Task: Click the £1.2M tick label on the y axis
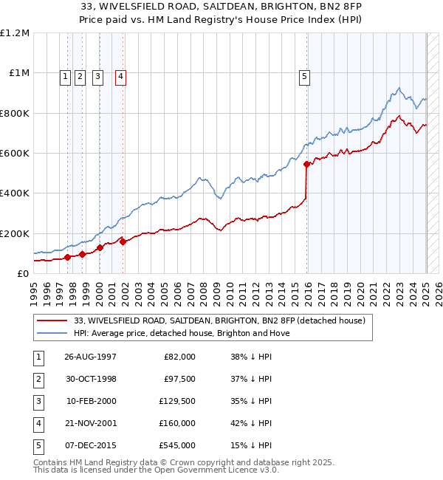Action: click(x=15, y=33)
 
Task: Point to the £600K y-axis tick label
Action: click(x=15, y=154)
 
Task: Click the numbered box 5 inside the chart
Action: click(x=304, y=74)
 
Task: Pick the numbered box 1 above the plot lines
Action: click(x=66, y=74)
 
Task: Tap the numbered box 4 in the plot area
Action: click(x=120, y=74)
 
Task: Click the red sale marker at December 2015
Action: click(x=306, y=165)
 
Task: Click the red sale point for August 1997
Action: click(x=67, y=257)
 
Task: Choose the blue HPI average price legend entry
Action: click(x=182, y=333)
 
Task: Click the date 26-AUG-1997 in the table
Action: click(x=91, y=357)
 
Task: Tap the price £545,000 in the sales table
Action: click(x=178, y=445)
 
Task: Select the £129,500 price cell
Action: click(x=178, y=401)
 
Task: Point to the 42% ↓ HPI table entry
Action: click(x=251, y=423)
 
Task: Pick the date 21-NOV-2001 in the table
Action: click(x=91, y=423)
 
